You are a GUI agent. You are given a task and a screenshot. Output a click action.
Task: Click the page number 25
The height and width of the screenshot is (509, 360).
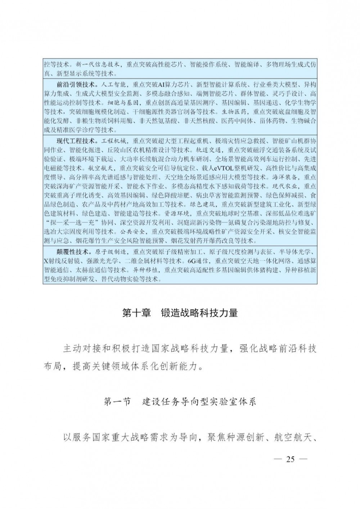click(x=290, y=459)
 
